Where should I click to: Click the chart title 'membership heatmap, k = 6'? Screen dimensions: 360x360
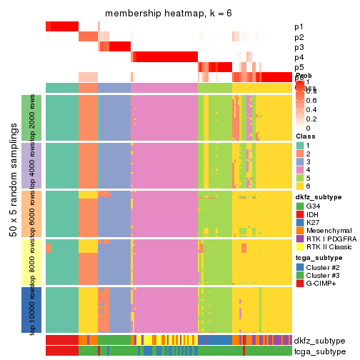click(169, 14)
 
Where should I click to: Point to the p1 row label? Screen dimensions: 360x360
click(298, 26)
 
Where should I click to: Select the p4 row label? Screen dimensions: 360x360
click(298, 57)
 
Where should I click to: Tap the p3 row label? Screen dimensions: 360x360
click(298, 47)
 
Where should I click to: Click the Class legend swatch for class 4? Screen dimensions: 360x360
click(300, 171)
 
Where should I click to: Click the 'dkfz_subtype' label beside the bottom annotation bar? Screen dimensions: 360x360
click(319, 341)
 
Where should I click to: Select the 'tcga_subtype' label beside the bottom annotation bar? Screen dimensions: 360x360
click(319, 351)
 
